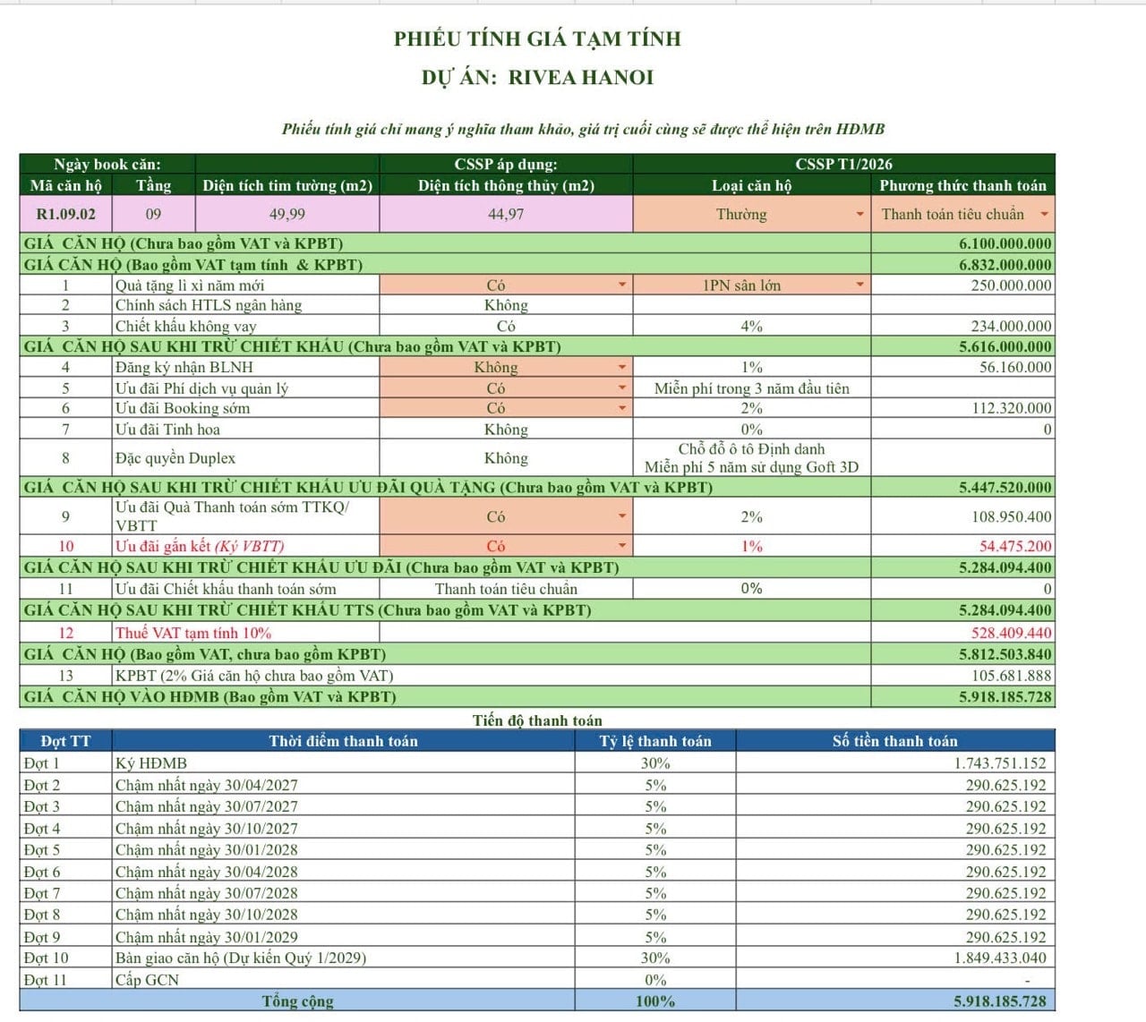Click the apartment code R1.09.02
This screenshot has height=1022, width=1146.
tap(65, 215)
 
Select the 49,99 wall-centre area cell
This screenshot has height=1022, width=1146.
tap(286, 215)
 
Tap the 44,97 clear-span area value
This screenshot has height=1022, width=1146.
tap(506, 215)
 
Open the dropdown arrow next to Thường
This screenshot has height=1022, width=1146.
tap(859, 215)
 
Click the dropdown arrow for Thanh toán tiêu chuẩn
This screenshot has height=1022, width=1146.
tap(1044, 215)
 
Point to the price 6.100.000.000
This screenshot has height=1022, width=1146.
tap(1005, 243)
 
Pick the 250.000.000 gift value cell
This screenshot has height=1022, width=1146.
tap(1011, 285)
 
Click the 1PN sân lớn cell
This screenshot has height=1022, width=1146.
tap(741, 285)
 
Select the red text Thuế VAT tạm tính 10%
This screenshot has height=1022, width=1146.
tap(192, 633)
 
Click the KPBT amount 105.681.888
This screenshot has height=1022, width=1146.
tap(1012, 676)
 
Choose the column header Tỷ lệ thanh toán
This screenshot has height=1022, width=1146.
tap(655, 741)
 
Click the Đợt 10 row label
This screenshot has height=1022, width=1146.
tap(47, 958)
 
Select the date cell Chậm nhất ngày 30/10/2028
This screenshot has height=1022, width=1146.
tap(206, 915)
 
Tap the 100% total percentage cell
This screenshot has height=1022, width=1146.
tap(655, 1001)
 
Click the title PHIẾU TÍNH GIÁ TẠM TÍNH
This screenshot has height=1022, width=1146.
tap(537, 38)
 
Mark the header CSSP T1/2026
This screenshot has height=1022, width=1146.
tap(843, 164)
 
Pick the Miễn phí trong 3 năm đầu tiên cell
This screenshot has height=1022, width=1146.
tap(751, 388)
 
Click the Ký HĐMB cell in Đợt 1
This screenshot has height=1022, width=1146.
tap(151, 763)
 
